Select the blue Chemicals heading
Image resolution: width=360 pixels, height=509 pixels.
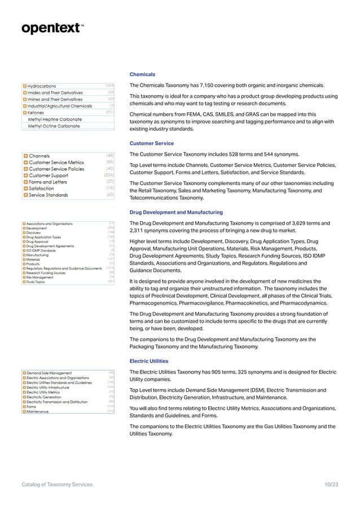point(142,74)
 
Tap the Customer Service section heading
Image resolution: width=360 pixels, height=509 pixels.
point(151,143)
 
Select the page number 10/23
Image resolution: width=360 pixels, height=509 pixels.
point(331,485)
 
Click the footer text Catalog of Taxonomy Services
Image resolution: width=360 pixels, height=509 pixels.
point(57,485)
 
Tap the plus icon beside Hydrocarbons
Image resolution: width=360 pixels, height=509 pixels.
point(25,86)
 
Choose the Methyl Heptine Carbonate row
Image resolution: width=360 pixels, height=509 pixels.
point(55,120)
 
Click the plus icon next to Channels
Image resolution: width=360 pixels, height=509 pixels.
point(25,156)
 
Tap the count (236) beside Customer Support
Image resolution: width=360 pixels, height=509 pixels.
point(109,175)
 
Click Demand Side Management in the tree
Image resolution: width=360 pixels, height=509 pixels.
point(49,373)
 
